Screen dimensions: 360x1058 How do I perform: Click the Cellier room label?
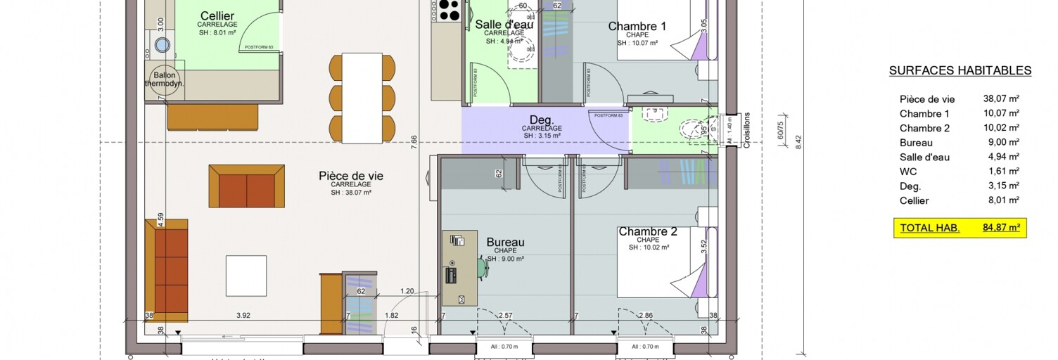217,16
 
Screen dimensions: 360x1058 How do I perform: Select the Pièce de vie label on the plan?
351,176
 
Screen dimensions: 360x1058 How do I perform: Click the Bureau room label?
505,243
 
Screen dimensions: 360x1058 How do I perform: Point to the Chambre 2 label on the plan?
647,232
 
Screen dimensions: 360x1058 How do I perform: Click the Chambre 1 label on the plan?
637,27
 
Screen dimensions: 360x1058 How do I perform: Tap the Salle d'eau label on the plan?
504,25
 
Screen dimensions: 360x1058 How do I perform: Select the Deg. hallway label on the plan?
542,120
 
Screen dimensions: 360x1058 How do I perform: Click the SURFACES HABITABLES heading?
960,70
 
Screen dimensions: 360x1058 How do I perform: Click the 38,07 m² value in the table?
1001,99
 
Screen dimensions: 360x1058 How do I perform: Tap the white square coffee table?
246,276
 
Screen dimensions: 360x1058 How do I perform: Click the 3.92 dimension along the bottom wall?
242,316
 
